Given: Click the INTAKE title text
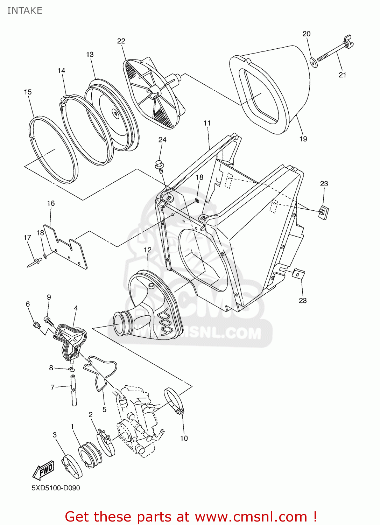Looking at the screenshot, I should (x=24, y=10).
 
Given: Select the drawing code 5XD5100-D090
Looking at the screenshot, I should (x=56, y=488).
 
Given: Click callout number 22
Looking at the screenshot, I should (x=121, y=41).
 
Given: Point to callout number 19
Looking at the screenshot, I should (x=303, y=139).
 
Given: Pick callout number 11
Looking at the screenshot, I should (x=207, y=123).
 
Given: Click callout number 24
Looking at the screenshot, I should (x=162, y=140).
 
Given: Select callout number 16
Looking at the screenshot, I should (x=51, y=203).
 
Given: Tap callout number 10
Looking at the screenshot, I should (x=184, y=438).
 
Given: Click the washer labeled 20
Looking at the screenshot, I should (x=314, y=63).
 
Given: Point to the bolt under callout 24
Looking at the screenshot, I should (x=160, y=166).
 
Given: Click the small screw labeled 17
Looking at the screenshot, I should (x=35, y=262).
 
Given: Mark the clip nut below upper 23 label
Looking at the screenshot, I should (x=324, y=212).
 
